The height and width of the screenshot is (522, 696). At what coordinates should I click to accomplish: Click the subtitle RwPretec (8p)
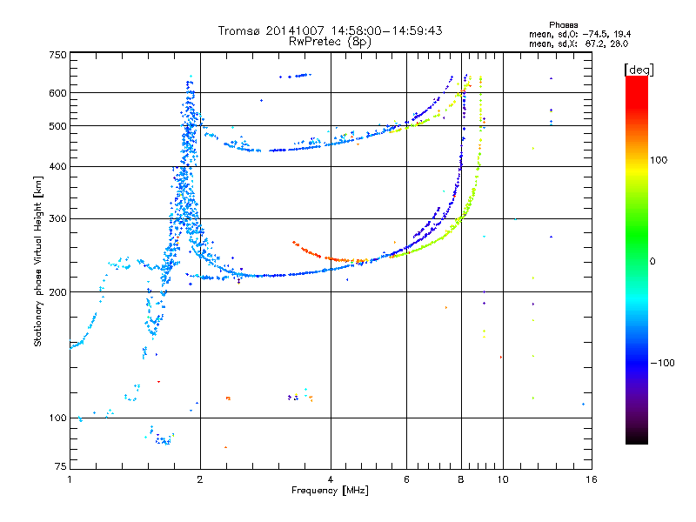tap(330, 42)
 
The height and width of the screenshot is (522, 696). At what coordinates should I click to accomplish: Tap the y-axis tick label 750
tap(58, 55)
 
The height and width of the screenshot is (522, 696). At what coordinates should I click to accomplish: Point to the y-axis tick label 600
tap(58, 93)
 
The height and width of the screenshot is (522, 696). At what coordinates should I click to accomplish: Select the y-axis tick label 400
tap(58, 166)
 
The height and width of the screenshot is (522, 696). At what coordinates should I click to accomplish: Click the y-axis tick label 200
tap(58, 292)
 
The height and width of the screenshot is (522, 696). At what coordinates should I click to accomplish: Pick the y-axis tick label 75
tap(61, 466)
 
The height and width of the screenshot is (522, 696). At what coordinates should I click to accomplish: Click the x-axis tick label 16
tap(592, 479)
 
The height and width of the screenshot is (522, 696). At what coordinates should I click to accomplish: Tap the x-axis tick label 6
tap(406, 479)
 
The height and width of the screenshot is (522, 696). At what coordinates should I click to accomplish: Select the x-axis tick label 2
tap(200, 479)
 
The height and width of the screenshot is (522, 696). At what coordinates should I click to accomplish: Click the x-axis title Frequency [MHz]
tap(330, 491)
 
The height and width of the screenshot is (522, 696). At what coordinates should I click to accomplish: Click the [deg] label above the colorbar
tap(639, 70)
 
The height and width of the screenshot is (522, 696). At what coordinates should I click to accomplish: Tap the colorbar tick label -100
tap(662, 363)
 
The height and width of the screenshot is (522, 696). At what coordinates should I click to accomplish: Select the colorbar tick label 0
tap(652, 262)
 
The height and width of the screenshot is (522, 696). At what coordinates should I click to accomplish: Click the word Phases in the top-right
tap(563, 25)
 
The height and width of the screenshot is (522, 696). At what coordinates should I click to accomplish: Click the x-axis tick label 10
tap(503, 479)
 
